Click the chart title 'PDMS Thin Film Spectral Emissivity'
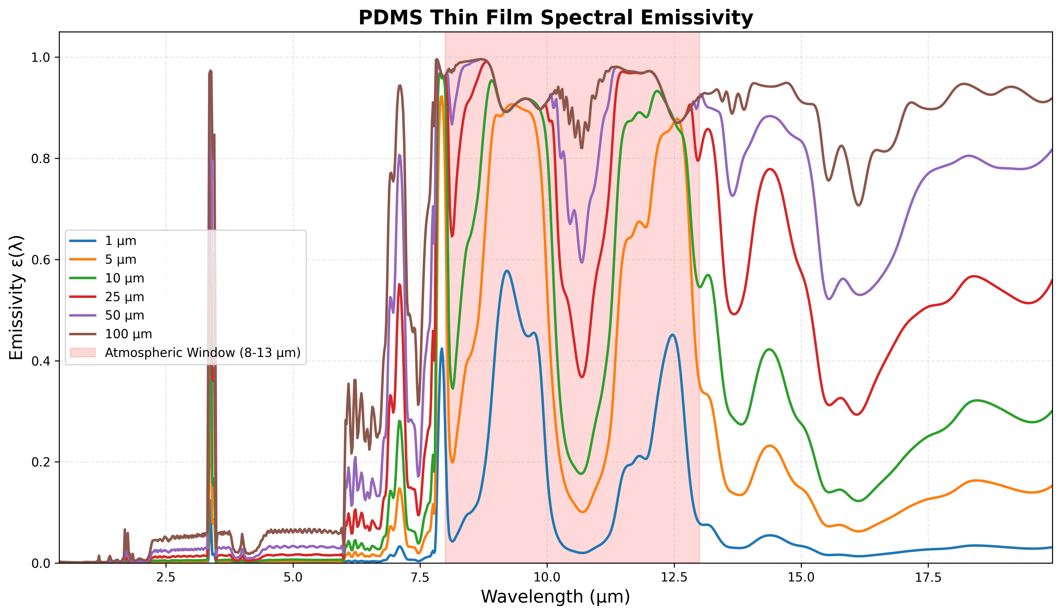click(555, 18)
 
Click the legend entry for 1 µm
click(120, 241)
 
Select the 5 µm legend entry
click(120, 260)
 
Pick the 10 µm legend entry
click(124, 278)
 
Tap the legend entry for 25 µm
click(124, 297)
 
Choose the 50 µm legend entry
click(124, 315)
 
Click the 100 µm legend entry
click(128, 334)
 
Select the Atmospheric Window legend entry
click(202, 352)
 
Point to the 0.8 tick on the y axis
click(40, 159)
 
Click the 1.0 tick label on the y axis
click(40, 58)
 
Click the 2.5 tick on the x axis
click(166, 578)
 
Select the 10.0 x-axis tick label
click(547, 578)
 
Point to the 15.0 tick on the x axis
click(801, 578)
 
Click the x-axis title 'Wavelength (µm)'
click(555, 597)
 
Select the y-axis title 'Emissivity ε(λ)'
click(17, 298)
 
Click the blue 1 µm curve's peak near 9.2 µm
click(507, 271)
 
